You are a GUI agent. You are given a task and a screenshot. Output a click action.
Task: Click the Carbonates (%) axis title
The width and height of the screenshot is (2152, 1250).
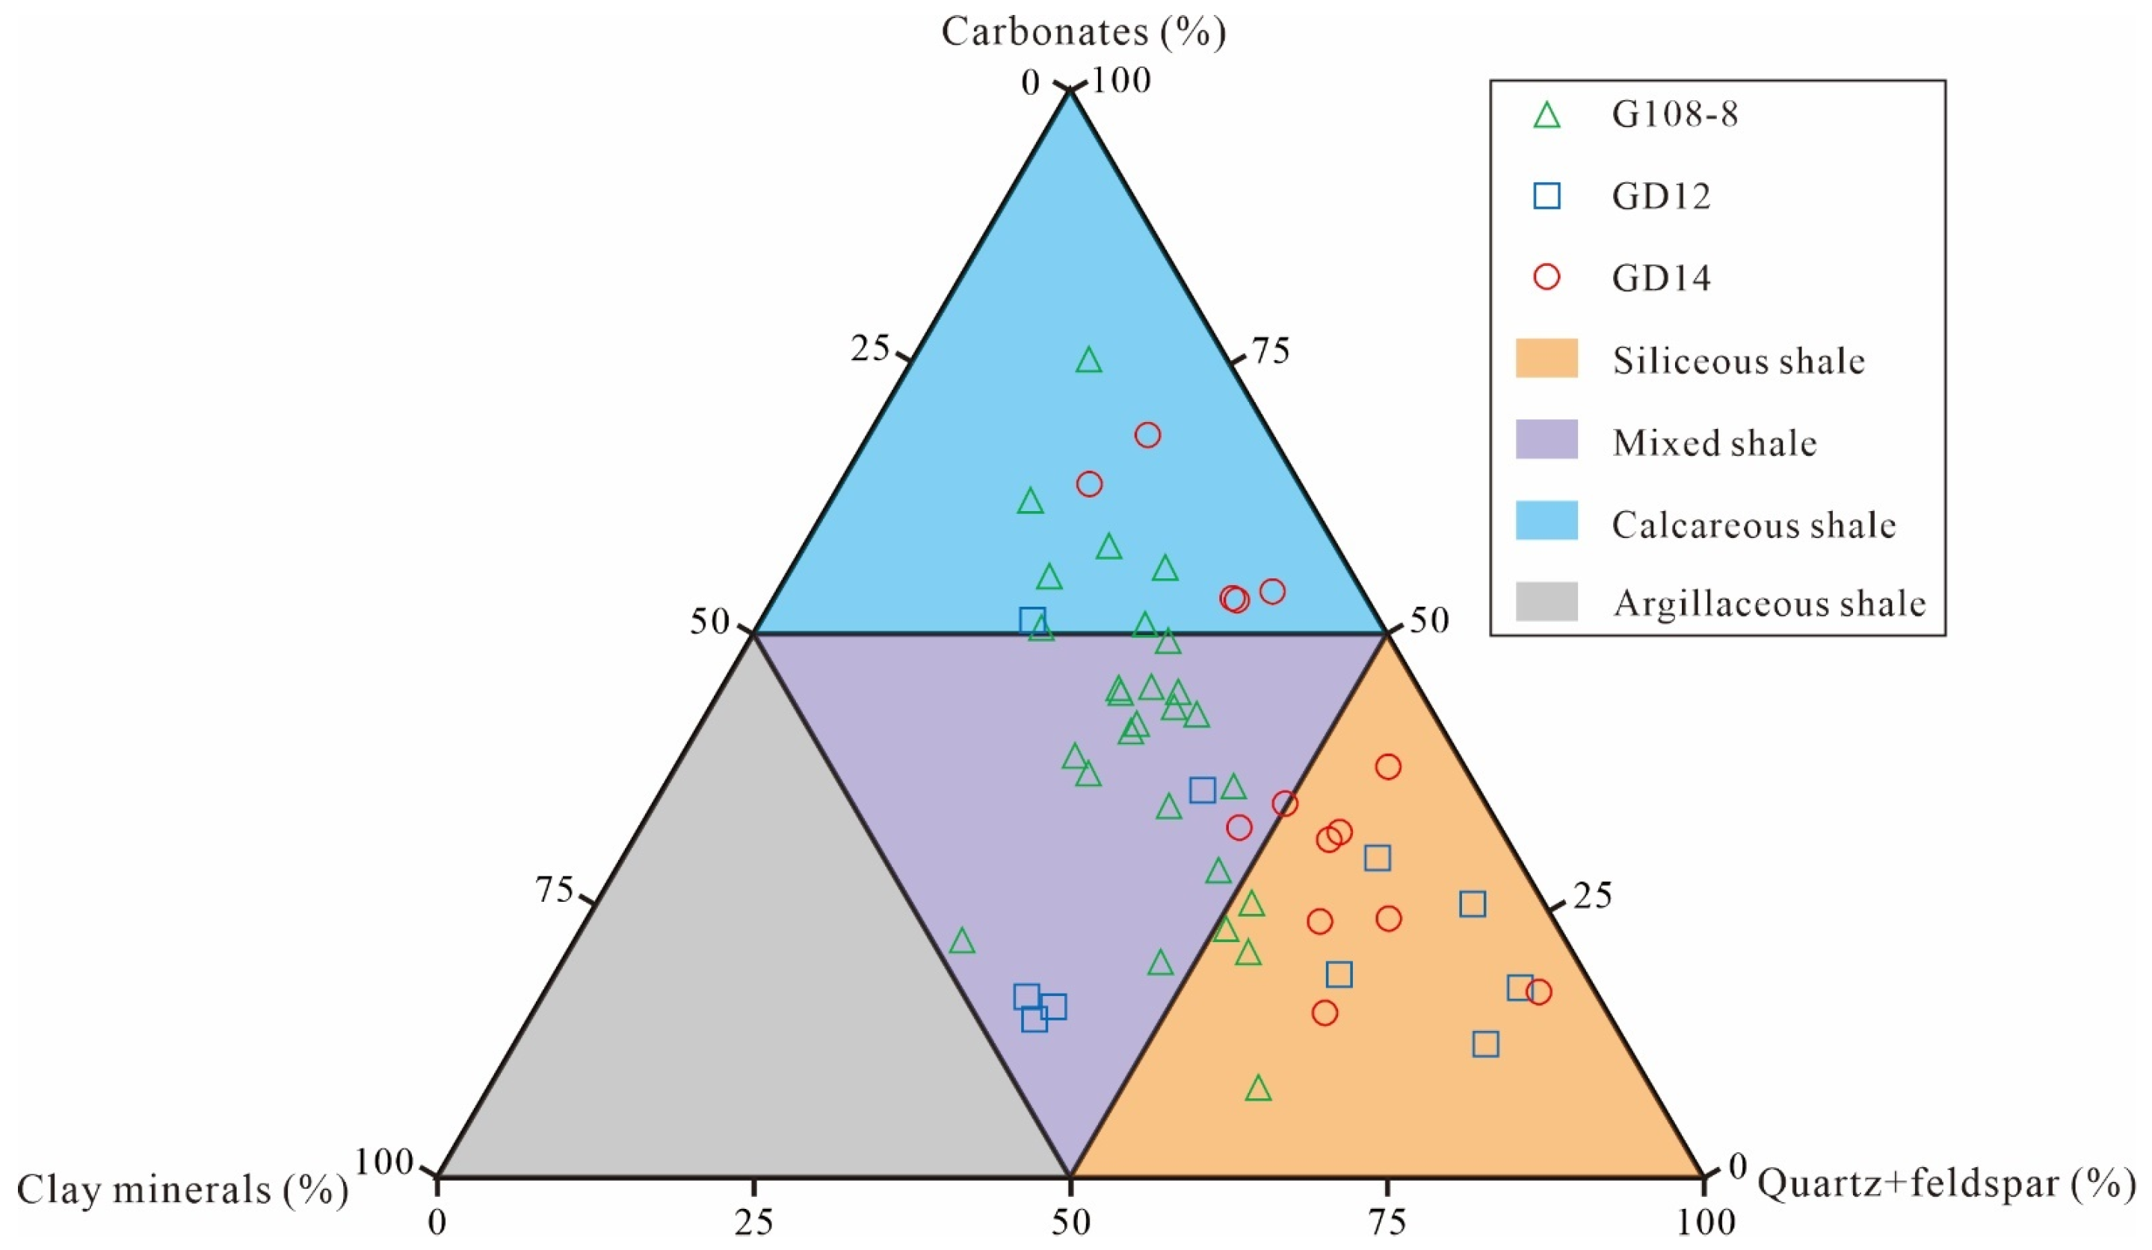coord(1083,32)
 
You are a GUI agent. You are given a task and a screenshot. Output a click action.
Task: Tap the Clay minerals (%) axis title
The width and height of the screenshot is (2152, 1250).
coord(182,1190)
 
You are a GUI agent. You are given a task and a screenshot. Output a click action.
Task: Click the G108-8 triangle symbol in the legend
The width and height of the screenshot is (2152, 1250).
coord(1547,115)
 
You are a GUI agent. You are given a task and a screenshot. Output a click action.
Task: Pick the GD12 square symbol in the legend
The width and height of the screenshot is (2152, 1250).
coord(1547,197)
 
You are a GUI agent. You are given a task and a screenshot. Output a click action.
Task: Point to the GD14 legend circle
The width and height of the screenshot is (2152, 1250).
coord(1547,277)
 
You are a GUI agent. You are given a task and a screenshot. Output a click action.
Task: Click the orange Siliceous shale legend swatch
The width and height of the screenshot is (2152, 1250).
coord(1547,359)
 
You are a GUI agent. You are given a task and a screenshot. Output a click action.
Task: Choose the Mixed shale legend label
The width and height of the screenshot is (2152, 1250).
coord(1714,442)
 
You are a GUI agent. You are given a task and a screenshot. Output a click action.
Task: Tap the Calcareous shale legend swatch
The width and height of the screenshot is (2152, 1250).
coord(1547,521)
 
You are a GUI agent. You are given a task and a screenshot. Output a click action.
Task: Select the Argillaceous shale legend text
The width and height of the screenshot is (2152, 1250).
coord(1769,604)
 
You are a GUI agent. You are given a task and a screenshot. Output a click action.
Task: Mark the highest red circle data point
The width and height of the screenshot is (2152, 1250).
coord(1147,436)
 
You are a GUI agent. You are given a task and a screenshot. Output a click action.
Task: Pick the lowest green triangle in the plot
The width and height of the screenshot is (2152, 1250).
coord(1258,1089)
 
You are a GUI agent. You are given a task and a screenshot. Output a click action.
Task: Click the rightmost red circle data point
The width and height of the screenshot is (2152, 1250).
coord(1539,992)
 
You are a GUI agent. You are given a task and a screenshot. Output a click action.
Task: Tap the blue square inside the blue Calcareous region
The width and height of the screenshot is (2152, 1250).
coord(1032,620)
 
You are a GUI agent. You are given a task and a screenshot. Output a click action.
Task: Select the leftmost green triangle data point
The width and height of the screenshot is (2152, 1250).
coord(963,941)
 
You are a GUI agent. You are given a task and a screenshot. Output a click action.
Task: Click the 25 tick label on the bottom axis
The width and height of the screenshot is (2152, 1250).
coord(754,1222)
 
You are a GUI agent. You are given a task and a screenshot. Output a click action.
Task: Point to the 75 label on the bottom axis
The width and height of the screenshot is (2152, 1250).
coord(1387,1222)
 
